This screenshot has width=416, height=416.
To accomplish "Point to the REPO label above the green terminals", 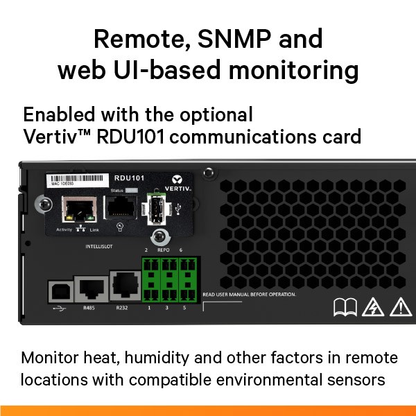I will (x=164, y=248).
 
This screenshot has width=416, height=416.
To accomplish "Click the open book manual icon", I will (x=344, y=306).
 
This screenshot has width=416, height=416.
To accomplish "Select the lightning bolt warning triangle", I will (x=374, y=306).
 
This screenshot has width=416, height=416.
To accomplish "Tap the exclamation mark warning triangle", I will (x=400, y=306).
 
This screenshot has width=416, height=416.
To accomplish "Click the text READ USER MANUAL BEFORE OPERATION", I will (x=250, y=295).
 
